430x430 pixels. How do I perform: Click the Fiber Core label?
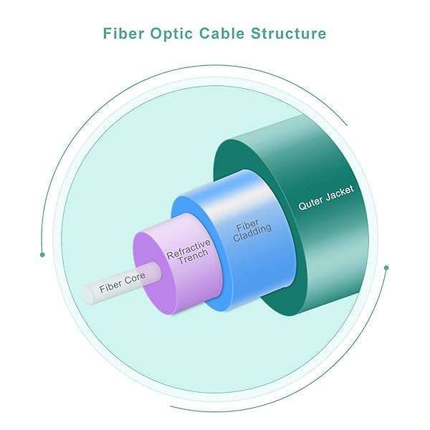coord(122,282)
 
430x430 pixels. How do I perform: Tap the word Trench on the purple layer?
coord(194,259)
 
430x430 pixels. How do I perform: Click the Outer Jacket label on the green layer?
coord(326,197)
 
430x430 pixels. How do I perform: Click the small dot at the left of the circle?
coord(43,254)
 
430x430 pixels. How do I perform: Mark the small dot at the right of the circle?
coord(386,268)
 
